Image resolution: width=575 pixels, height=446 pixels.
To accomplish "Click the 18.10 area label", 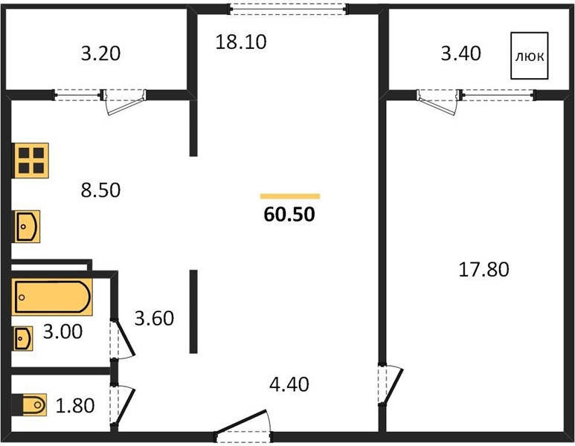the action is (x=240, y=42).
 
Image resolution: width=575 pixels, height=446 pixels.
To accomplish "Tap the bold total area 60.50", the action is (x=289, y=214).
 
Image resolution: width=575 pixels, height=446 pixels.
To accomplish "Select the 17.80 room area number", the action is (x=484, y=270).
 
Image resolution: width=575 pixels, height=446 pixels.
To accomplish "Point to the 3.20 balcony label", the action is (x=100, y=54).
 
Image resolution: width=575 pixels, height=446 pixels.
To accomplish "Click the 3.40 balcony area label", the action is (x=460, y=54).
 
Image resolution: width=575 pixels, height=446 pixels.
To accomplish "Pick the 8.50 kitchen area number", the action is (x=100, y=190).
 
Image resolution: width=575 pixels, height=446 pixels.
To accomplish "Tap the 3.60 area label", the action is (x=154, y=318).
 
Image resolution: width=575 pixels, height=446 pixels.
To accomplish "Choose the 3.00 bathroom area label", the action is (x=62, y=332).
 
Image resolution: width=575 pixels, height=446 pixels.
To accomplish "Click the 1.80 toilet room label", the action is (x=75, y=406).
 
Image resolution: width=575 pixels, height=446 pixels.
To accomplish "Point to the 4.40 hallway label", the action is (x=289, y=384).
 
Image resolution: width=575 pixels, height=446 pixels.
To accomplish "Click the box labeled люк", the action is (x=530, y=56).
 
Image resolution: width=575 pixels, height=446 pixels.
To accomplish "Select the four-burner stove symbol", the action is (x=31, y=161).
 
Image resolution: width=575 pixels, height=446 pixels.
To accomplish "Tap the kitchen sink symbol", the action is (x=27, y=227).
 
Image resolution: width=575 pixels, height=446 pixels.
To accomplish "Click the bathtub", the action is (x=52, y=297).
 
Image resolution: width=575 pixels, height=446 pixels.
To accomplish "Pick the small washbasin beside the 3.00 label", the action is (x=23, y=338).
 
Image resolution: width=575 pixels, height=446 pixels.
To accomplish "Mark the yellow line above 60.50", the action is (x=290, y=196).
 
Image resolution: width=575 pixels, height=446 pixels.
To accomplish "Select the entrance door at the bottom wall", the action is (x=242, y=426).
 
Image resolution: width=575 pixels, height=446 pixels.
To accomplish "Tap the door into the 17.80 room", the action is (x=391, y=384).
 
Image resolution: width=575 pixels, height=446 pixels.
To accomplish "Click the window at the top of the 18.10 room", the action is (x=288, y=9).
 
